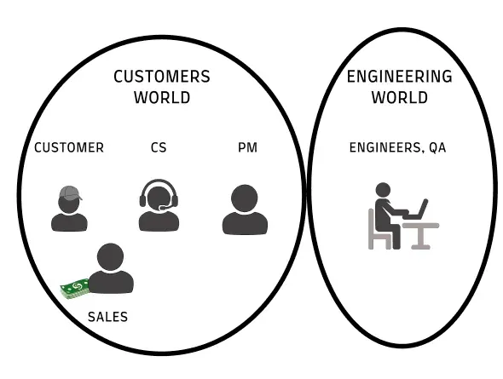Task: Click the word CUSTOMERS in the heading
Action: point(162,77)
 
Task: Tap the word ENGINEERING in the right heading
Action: point(400,77)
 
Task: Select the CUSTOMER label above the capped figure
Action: point(69,147)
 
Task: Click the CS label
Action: point(159,147)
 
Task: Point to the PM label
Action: point(247,147)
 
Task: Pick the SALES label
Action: point(107,317)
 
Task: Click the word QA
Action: point(437,147)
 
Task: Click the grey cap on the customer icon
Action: point(70,192)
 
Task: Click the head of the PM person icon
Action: point(245,198)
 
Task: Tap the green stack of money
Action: point(75,288)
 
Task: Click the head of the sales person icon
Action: point(110,256)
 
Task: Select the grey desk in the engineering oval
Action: point(420,235)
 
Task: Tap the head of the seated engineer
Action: point(383,190)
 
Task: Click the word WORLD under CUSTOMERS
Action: point(162,97)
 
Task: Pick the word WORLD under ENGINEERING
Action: point(400,97)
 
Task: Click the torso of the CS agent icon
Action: point(159,221)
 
